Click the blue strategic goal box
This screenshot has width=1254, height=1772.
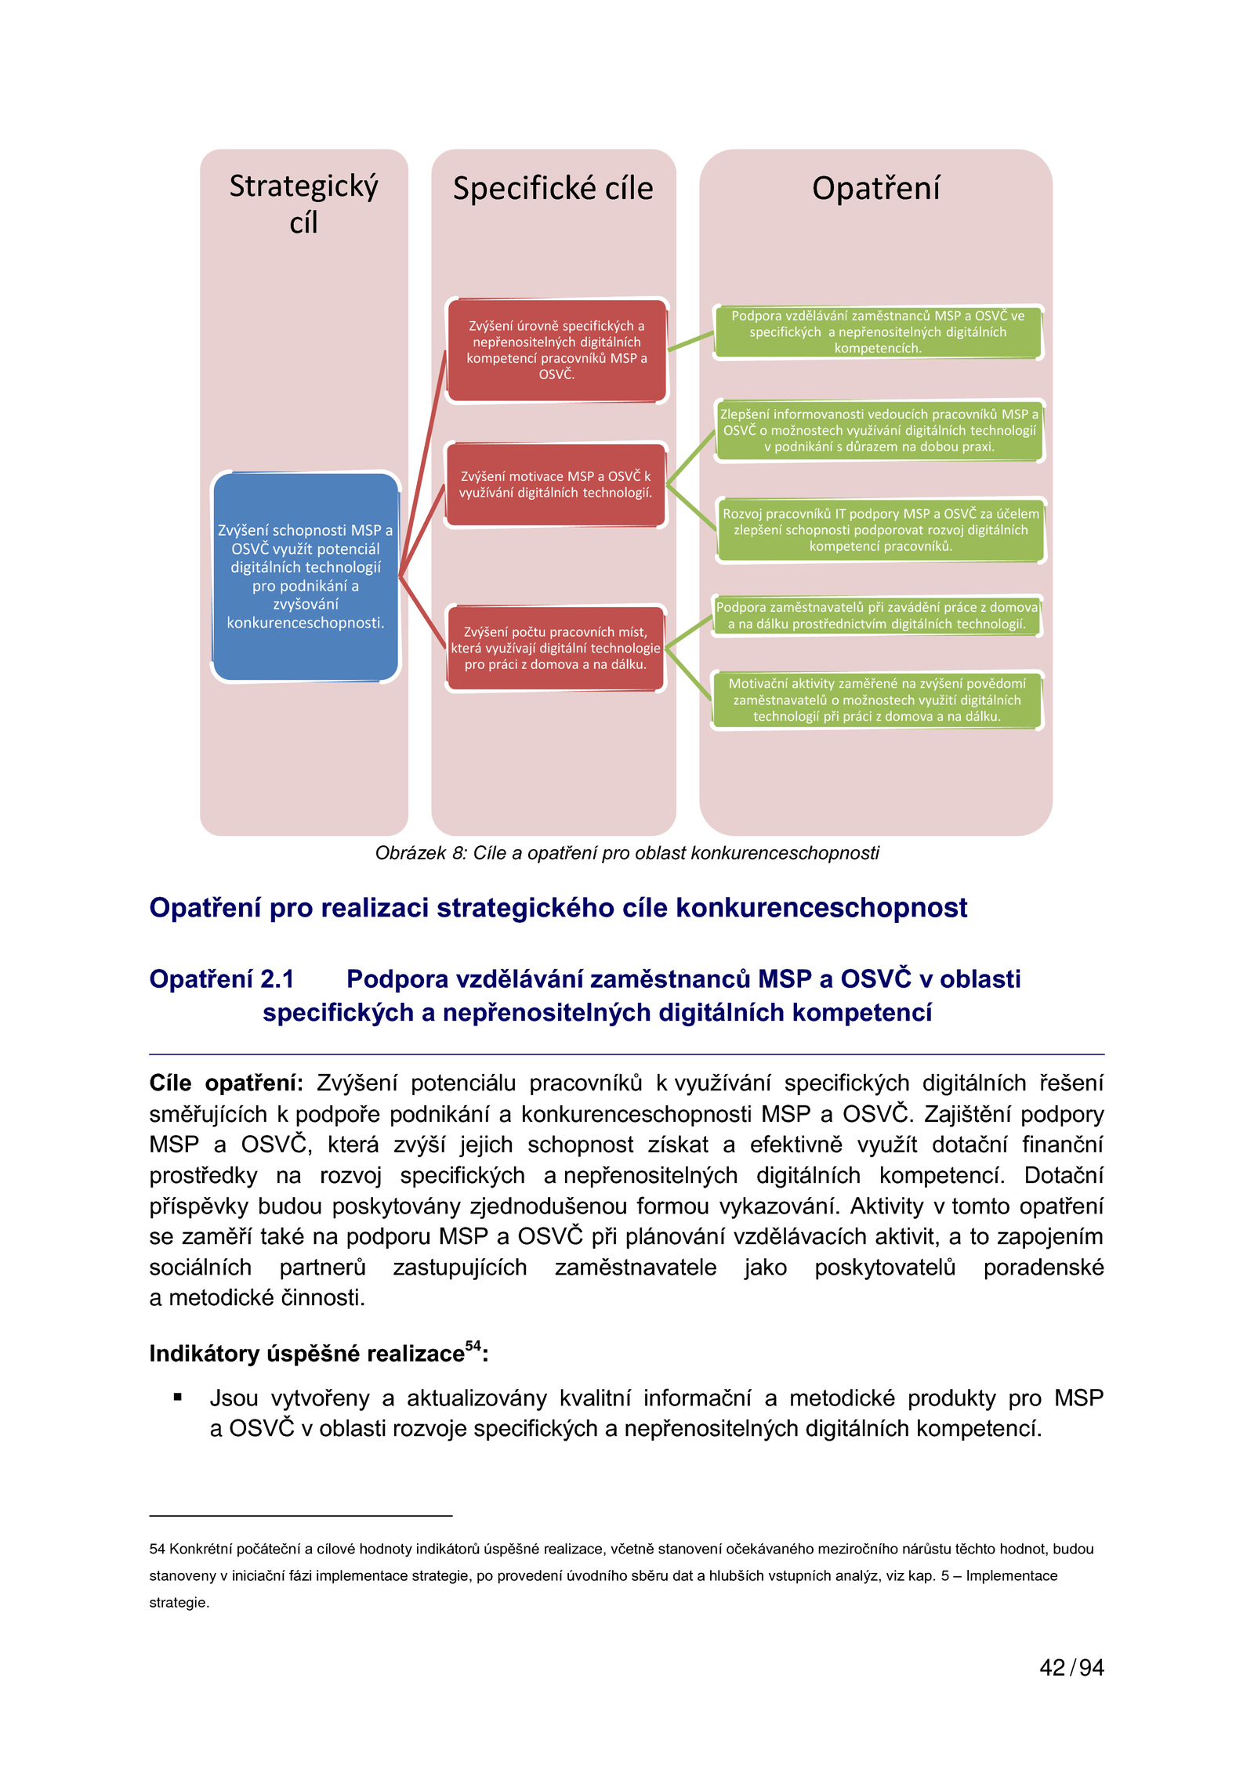tap(305, 576)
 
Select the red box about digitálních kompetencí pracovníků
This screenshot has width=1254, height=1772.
tap(556, 350)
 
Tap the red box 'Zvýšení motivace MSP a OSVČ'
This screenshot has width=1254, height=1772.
tap(556, 484)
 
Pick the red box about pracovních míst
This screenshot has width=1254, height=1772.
tap(556, 648)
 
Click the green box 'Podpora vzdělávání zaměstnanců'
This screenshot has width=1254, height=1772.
tap(878, 332)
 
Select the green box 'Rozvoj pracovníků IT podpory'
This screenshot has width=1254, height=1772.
tap(880, 530)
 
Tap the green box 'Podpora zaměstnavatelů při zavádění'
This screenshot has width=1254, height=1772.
tap(877, 616)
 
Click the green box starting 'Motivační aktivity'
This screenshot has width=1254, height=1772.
tap(877, 700)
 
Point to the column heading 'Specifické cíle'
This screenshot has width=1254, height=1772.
tap(553, 189)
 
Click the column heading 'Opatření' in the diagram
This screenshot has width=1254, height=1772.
tap(875, 189)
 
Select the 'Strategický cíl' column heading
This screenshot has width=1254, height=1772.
tap(304, 204)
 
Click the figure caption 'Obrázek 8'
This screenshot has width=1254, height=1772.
tap(627, 853)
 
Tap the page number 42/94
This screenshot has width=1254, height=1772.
tap(1071, 1668)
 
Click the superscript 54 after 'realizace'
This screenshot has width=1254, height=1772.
tap(473, 1346)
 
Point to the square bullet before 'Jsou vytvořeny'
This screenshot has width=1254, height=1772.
tap(178, 1397)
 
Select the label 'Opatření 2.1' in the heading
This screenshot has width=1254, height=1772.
tap(222, 979)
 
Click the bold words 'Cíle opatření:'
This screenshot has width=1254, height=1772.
tap(226, 1083)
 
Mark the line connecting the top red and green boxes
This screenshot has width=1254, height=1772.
tap(690, 342)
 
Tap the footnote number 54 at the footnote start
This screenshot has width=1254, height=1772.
tap(157, 1549)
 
